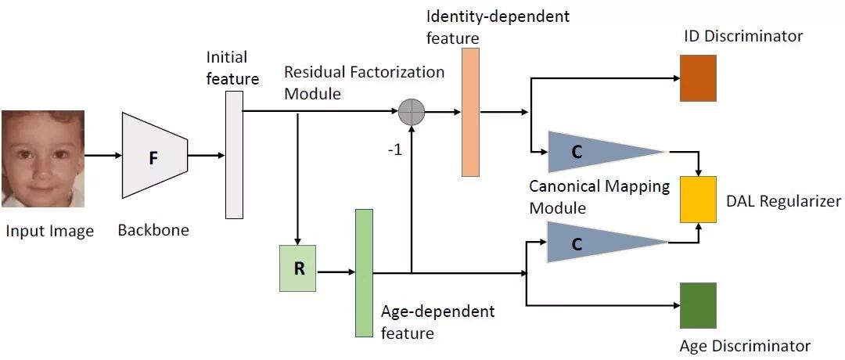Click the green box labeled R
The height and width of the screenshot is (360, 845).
[x=298, y=268]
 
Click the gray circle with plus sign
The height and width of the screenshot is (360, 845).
[x=411, y=112]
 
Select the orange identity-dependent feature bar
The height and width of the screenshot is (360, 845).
[x=470, y=112]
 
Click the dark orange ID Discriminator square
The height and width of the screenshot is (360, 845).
[x=698, y=78]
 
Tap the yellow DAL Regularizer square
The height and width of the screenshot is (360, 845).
[x=698, y=197]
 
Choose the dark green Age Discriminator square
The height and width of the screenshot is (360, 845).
[x=698, y=305]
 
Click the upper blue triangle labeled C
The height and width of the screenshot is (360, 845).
[x=595, y=152]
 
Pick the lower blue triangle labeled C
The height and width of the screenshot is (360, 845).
[x=595, y=243]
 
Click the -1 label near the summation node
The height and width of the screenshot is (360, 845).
[x=394, y=150]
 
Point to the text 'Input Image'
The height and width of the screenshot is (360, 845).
[x=49, y=231]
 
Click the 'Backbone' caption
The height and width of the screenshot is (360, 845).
[x=153, y=231]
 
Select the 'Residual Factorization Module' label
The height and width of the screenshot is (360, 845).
[x=364, y=82]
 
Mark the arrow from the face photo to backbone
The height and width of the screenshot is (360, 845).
[x=102, y=155]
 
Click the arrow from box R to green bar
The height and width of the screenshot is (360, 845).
[x=335, y=272]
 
